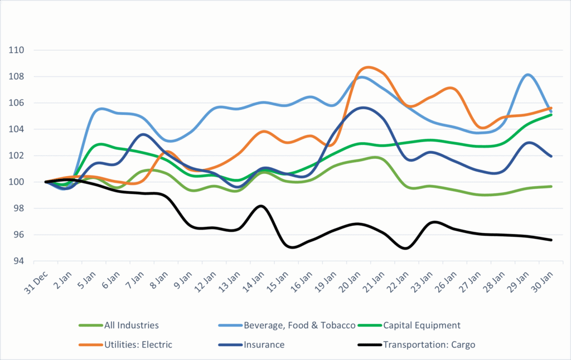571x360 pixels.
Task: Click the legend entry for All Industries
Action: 132,325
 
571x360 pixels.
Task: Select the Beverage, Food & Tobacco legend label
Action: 299,325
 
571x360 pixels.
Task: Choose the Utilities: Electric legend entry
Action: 138,344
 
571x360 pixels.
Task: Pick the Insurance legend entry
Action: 264,344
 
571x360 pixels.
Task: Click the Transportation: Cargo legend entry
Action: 429,344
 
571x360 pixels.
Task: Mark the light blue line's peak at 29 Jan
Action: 528,74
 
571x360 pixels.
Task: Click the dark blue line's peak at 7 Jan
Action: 143,134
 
